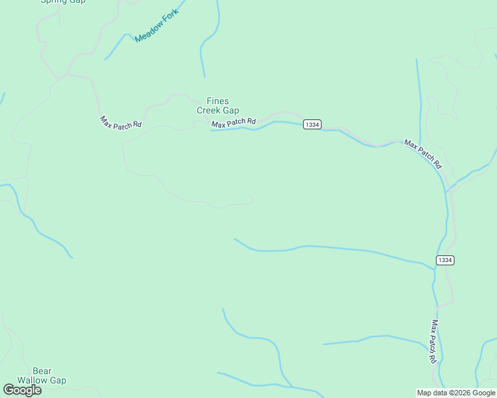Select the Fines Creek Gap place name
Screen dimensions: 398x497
click(x=218, y=105)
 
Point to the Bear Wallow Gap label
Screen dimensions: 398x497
click(x=42, y=375)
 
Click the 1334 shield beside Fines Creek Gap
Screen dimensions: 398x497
click(x=312, y=124)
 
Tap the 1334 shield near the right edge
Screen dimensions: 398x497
click(x=445, y=260)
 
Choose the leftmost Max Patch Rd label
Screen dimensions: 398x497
click(x=122, y=123)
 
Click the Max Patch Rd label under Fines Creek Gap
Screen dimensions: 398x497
click(x=234, y=123)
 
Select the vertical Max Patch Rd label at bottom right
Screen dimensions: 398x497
click(x=433, y=341)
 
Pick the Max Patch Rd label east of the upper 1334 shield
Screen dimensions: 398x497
click(x=423, y=154)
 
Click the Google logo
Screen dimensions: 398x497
click(x=22, y=390)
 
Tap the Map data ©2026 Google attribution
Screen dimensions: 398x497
click(x=456, y=393)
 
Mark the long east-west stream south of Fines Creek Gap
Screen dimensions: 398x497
click(x=332, y=248)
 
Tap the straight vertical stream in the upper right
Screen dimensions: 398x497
click(x=419, y=93)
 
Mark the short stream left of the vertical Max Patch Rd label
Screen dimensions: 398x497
click(x=372, y=338)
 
